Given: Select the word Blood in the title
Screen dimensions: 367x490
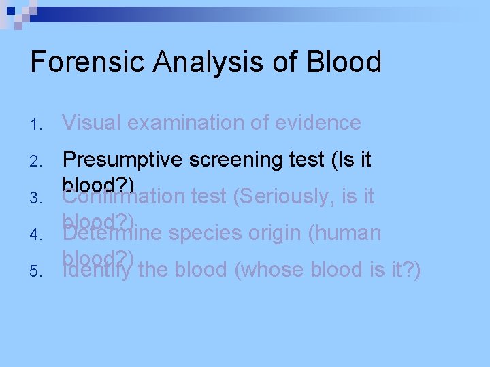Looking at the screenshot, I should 344,63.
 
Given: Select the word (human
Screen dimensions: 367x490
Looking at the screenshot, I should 344,233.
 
